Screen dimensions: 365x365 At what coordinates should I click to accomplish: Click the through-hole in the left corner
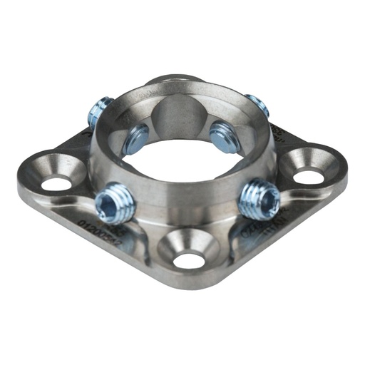click(52, 183)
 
